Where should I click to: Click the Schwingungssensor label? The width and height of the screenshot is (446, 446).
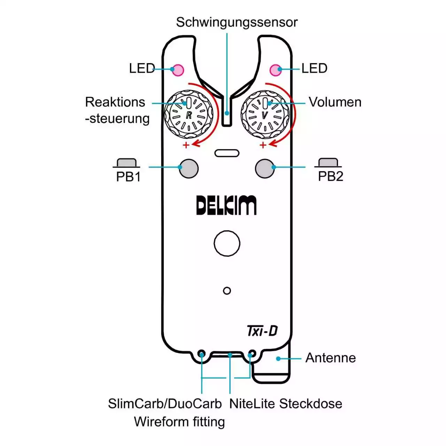[x=237, y=22]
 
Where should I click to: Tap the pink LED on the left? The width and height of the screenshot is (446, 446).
[x=178, y=70]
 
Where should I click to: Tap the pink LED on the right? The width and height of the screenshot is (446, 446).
[x=275, y=70]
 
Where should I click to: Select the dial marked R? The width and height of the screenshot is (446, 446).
[x=189, y=115]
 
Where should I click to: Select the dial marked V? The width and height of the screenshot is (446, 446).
[x=265, y=115]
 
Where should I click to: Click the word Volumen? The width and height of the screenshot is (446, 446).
[x=335, y=102]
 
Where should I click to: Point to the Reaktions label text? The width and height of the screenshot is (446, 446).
[x=115, y=102]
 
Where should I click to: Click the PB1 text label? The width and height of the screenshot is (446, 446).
[x=128, y=177]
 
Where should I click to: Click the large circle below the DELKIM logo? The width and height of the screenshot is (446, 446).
[x=227, y=244]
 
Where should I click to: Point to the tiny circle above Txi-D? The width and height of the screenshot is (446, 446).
[x=227, y=291]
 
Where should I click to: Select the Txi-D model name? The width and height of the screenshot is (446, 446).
[x=262, y=331]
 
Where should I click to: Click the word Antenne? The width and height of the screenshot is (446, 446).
[x=330, y=358]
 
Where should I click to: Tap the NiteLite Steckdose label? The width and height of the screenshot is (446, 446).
[x=285, y=404]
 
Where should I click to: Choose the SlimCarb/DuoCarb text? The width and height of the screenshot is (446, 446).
[x=165, y=404]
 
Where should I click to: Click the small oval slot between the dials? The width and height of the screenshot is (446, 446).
[x=227, y=153]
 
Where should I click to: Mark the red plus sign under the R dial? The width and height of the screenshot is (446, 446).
[x=186, y=145]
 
